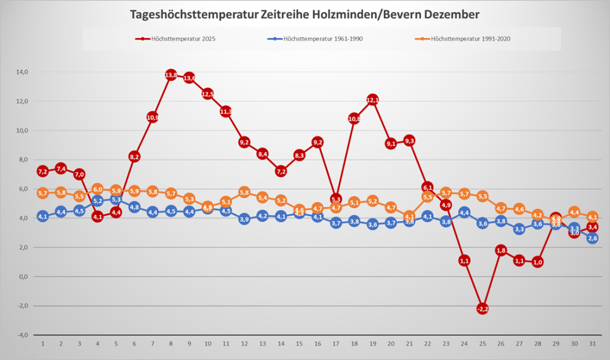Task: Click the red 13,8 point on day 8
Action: coord(171,75)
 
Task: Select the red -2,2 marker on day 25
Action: coord(483,309)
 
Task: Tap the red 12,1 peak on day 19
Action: coord(372,100)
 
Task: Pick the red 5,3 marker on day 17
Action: coord(335,199)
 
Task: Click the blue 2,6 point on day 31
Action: coord(593,238)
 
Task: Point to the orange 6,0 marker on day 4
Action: coord(98,189)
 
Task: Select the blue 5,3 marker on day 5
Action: coord(116,200)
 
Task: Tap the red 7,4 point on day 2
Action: coord(61,169)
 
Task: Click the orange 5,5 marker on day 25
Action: coord(483,196)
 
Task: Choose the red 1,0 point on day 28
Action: coord(538,261)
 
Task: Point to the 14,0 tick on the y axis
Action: coord(22,72)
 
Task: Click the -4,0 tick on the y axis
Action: coord(22,335)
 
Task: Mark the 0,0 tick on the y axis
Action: coord(23,276)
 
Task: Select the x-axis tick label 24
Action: coord(464,344)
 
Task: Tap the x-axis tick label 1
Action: coord(43,344)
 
